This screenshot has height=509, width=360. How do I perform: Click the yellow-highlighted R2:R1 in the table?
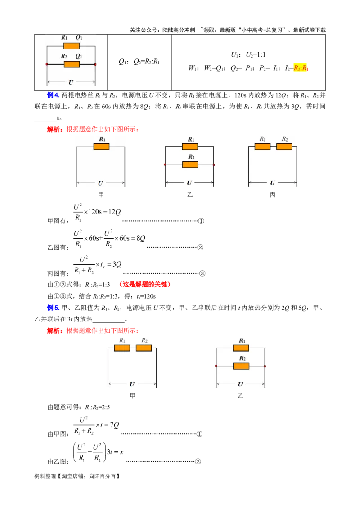(x=301, y=68)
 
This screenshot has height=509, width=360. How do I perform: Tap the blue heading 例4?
(x=53, y=95)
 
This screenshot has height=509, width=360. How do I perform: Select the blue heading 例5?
(x=53, y=308)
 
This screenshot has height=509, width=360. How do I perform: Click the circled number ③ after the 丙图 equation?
(x=202, y=273)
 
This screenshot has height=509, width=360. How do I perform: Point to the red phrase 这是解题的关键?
(x=144, y=284)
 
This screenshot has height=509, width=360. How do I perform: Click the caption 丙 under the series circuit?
(x=272, y=195)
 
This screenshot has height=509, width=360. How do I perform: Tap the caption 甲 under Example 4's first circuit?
(x=101, y=195)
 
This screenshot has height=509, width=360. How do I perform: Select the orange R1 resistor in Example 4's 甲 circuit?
(x=101, y=147)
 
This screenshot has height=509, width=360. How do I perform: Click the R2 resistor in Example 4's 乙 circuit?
(x=190, y=165)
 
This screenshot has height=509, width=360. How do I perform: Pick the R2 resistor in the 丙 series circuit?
(x=284, y=147)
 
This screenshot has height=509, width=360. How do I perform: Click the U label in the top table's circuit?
(x=71, y=82)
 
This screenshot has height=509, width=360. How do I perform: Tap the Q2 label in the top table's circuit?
(x=79, y=57)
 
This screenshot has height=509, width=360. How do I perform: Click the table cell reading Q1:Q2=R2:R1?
(x=139, y=62)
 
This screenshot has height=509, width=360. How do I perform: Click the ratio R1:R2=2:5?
(x=98, y=407)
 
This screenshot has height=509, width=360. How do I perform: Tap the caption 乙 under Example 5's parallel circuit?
(x=240, y=396)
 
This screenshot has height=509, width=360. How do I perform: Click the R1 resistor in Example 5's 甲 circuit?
(x=122, y=348)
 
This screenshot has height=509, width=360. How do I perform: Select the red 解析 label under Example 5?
(x=54, y=330)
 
